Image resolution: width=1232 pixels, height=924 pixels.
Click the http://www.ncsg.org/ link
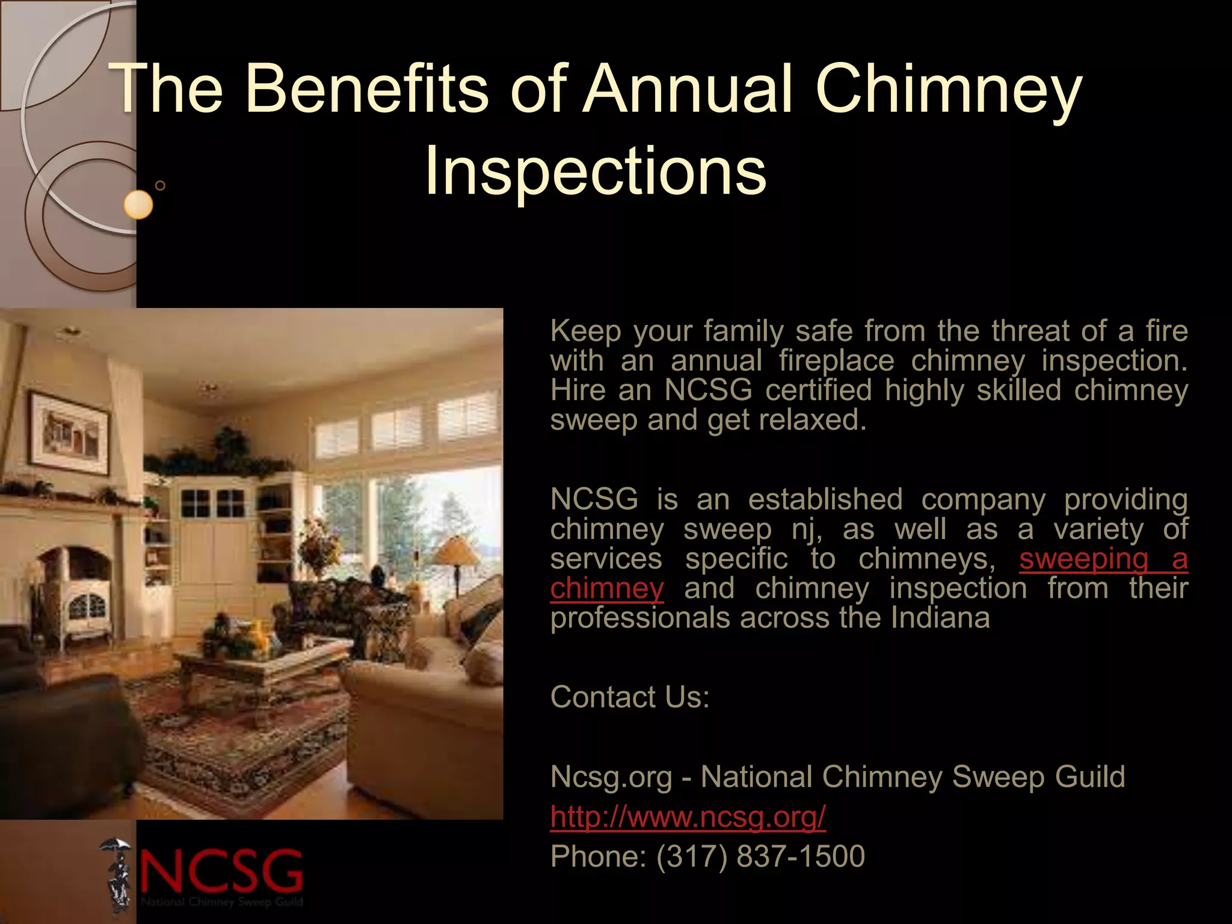tap(688, 816)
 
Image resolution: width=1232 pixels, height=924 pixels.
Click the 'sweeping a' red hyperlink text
tap(1103, 559)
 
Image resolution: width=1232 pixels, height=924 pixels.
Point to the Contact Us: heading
tap(630, 697)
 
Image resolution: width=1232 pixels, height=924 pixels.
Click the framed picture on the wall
tap(70, 432)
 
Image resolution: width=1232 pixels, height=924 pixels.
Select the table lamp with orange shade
tap(458, 552)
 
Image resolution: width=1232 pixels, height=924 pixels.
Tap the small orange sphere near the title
tap(138, 205)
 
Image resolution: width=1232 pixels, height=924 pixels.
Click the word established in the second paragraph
tap(825, 499)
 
